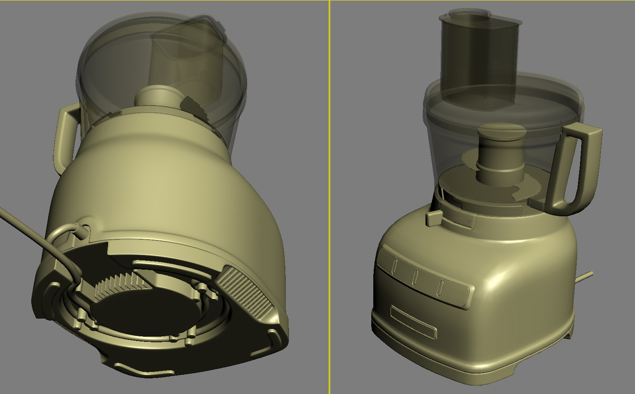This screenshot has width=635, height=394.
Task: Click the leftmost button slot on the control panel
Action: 395,265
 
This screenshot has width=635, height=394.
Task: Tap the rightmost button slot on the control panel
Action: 441,287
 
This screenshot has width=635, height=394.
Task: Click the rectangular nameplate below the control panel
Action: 413,323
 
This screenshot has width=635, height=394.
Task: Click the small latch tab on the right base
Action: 434,219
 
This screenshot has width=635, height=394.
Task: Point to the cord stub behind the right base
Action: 585,276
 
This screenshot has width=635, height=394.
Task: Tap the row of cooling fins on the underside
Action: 120,285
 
